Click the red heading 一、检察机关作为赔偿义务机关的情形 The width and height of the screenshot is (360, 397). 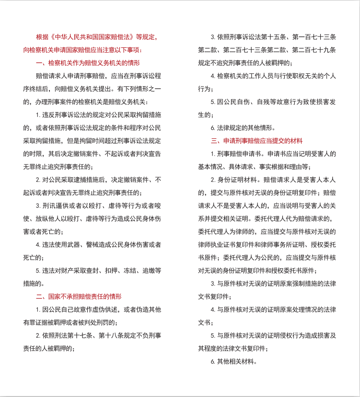[x=88, y=63]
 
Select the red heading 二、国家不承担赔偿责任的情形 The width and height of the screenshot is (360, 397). [x=79, y=296]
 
